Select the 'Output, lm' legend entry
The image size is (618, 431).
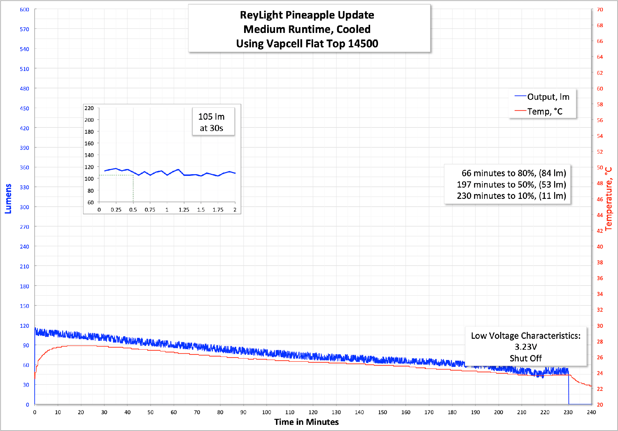pyautogui.click(x=548, y=97)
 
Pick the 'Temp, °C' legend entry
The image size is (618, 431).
pyautogui.click(x=545, y=111)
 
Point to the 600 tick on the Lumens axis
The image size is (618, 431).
pyautogui.click(x=24, y=10)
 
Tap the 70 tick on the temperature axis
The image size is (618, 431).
pyautogui.click(x=600, y=10)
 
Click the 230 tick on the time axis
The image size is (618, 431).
pyautogui.click(x=568, y=412)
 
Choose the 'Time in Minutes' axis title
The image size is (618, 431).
pyautogui.click(x=306, y=422)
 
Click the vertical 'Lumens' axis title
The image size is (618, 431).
pyautogui.click(x=8, y=199)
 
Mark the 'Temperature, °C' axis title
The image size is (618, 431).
pyautogui.click(x=609, y=199)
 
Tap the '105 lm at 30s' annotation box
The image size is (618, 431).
pyautogui.click(x=211, y=122)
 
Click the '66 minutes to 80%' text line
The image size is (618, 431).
pyautogui.click(x=513, y=173)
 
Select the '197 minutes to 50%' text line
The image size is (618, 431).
pyautogui.click(x=511, y=184)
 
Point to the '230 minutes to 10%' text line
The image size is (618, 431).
pyautogui.click(x=511, y=196)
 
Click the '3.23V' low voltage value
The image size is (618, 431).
pyautogui.click(x=526, y=347)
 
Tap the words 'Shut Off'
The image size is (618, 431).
pyautogui.click(x=526, y=358)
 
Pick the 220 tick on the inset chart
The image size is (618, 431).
pyautogui.click(x=89, y=108)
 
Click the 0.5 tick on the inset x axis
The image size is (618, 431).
pyautogui.click(x=133, y=210)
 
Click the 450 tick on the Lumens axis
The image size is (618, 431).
pyautogui.click(x=24, y=108)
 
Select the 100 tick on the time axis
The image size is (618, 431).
pyautogui.click(x=266, y=412)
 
